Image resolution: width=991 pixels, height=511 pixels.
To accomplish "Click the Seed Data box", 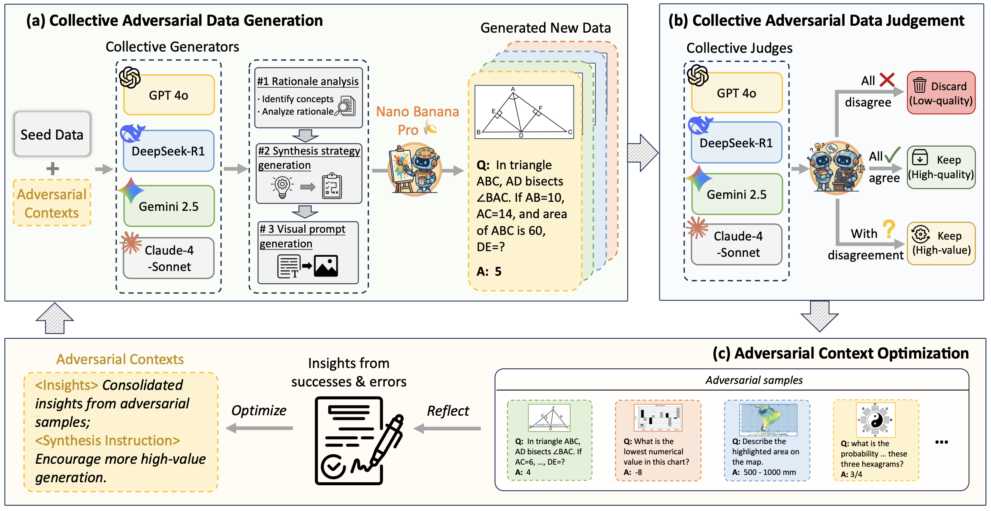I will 52,134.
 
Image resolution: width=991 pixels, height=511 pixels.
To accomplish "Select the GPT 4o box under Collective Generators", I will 169,95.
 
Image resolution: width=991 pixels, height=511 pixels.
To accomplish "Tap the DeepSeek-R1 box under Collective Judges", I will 736,143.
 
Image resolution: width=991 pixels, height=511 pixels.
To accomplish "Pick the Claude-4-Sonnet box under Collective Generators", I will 169,258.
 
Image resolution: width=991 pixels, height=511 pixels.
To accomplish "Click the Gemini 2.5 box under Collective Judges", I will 737,195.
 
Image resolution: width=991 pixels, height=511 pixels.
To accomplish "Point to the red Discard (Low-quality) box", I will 941,93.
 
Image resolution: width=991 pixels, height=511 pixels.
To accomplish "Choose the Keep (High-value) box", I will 941,243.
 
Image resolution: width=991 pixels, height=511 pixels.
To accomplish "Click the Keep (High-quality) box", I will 941,167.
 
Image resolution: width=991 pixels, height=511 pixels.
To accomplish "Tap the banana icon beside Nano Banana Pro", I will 430,128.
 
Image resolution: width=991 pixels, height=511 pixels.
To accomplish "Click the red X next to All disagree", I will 887,79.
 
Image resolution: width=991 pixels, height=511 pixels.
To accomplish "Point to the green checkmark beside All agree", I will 892,155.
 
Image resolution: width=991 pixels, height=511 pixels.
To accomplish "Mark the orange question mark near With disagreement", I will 888,229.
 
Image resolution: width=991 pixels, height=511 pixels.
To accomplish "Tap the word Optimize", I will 259,411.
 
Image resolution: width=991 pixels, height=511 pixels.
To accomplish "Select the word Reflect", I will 448,411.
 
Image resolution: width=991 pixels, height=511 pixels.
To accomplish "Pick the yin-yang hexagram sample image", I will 876,420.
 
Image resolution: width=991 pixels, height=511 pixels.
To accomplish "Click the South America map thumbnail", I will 768,419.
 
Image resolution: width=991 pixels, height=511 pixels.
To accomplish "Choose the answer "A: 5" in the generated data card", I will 489,271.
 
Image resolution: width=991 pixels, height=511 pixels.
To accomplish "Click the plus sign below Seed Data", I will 52,169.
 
